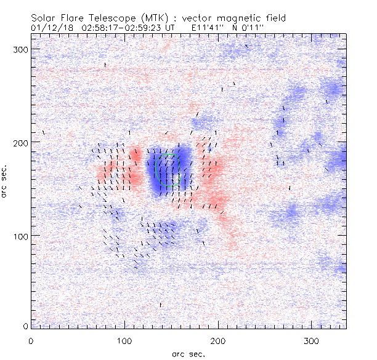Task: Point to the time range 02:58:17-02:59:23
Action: tap(126, 28)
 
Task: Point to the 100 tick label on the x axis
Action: tap(124, 340)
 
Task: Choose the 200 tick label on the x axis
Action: tap(218, 340)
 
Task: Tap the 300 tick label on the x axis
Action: tap(312, 340)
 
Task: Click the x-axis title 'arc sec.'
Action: tap(188, 353)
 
